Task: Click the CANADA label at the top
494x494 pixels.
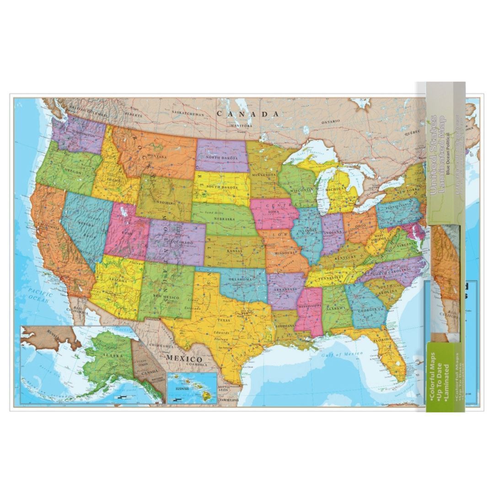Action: tap(247, 113)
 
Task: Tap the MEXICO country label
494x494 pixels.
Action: tap(183, 359)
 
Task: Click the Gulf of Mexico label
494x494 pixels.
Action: tap(341, 354)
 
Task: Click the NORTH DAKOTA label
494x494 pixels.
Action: tap(221, 157)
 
